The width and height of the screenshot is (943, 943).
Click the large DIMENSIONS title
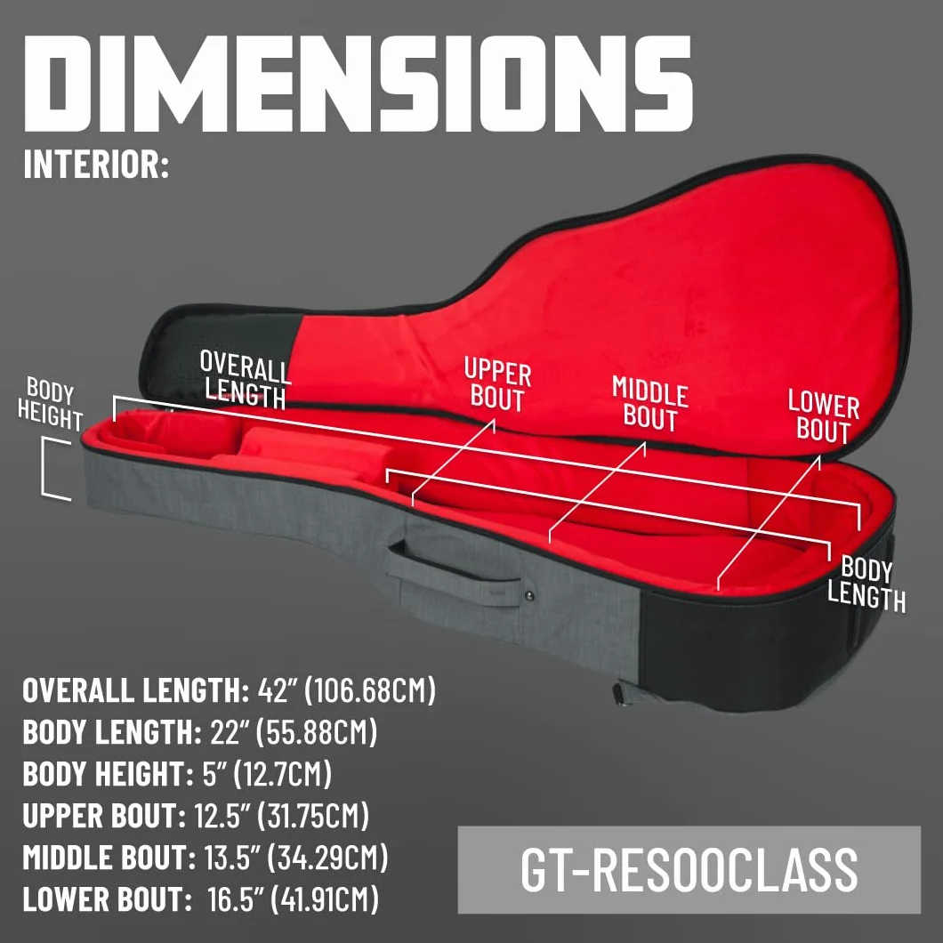(359, 83)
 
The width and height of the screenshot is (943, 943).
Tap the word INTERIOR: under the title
(96, 164)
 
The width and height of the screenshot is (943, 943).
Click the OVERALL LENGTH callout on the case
(245, 380)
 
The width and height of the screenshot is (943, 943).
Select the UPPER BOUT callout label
(497, 383)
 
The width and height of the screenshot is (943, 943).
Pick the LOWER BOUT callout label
(823, 415)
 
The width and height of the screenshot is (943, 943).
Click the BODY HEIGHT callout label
(50, 404)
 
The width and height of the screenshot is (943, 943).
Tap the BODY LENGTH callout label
(866, 584)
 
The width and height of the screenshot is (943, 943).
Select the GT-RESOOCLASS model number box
(689, 870)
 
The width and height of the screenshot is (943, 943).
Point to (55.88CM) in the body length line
(317, 732)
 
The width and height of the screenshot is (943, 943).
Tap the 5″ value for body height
(214, 774)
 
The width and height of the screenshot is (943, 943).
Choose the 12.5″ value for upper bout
(222, 816)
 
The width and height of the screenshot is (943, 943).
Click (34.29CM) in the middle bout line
(327, 858)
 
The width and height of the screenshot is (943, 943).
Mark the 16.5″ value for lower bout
(235, 899)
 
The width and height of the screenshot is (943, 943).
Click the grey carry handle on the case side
(454, 573)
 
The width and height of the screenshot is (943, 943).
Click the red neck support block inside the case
(316, 451)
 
